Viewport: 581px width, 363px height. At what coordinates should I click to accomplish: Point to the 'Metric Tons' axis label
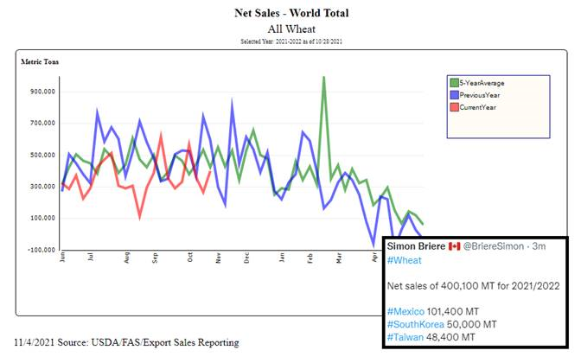(40, 62)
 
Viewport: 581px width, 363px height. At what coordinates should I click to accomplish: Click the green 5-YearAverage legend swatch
(454, 83)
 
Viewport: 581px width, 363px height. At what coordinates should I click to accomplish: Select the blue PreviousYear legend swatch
(454, 94)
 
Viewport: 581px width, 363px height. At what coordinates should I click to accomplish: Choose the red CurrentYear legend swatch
(454, 106)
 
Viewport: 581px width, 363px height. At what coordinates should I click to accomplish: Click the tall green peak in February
(324, 78)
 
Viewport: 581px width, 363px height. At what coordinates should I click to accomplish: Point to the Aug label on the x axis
(126, 258)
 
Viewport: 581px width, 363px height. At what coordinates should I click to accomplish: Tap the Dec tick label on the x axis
(247, 258)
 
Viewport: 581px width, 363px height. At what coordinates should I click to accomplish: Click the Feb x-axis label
(311, 258)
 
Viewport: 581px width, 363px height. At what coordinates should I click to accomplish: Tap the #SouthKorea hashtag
(415, 324)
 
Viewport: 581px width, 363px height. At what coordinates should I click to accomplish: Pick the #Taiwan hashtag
(404, 336)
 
